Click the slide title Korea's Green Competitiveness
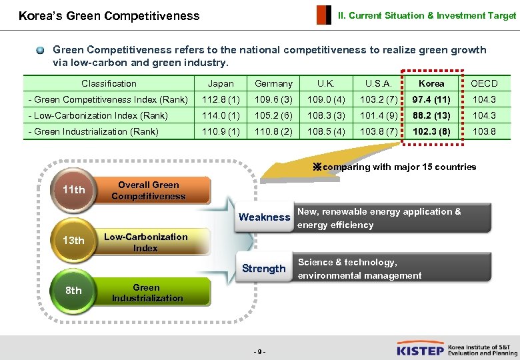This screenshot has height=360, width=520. [x=109, y=15]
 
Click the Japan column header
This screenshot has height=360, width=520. [x=221, y=83]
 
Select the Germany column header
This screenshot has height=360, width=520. [x=273, y=83]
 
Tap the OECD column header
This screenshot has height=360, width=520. [x=484, y=83]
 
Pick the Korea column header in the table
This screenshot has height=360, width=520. [x=431, y=83]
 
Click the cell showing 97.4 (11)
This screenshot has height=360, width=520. [x=431, y=99]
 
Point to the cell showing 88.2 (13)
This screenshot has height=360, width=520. [x=431, y=115]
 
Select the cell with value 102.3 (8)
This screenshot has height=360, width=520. [x=431, y=131]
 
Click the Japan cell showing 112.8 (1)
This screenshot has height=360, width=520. [x=221, y=99]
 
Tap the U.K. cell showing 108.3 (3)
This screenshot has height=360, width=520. [x=326, y=115]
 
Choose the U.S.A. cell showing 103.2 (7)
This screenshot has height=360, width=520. [x=379, y=99]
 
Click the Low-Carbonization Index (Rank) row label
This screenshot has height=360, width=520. [x=98, y=115]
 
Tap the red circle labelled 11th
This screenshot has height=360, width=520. [x=73, y=190]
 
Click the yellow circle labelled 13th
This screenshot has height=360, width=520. [x=73, y=241]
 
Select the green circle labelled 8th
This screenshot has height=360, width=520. [x=73, y=291]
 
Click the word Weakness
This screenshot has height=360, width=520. [x=265, y=217]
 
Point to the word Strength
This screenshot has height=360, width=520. [x=264, y=269]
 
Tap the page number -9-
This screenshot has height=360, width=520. [x=260, y=351]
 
